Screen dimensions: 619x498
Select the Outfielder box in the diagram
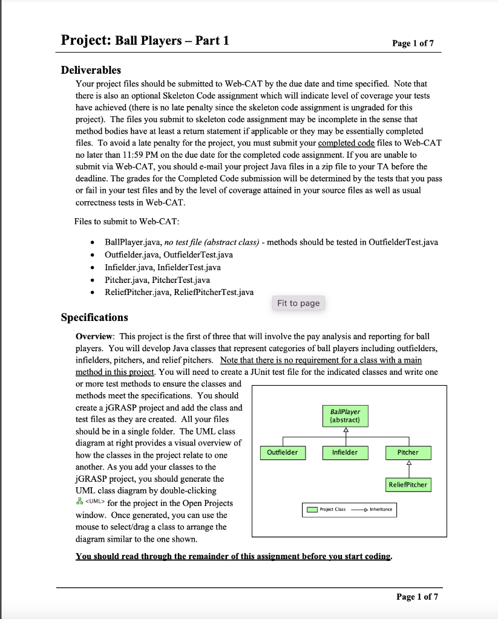point(283,452)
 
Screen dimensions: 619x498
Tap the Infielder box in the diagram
point(345,452)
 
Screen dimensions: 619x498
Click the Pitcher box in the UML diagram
point(408,452)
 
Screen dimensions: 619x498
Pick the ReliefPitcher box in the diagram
point(408,484)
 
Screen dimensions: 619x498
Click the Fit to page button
point(298,303)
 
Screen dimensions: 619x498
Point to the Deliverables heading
point(91,70)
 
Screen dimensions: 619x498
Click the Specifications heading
point(94,317)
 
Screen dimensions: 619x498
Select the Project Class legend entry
point(326,510)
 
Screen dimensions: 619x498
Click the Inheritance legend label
point(381,510)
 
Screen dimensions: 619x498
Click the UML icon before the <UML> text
point(79,503)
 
